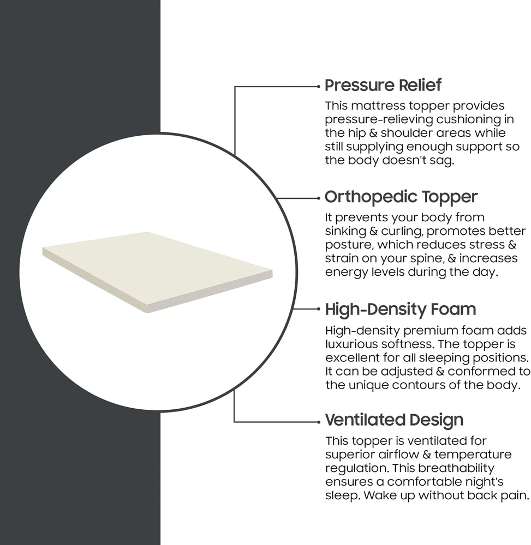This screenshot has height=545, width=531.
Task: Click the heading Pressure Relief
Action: pyautogui.click(x=383, y=86)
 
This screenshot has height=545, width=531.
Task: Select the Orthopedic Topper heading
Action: pyautogui.click(x=401, y=197)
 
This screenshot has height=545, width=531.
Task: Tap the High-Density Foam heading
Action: pyautogui.click(x=401, y=310)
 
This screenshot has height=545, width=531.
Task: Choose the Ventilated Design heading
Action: pyautogui.click(x=394, y=420)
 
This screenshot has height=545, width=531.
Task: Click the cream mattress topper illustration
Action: pyautogui.click(x=157, y=272)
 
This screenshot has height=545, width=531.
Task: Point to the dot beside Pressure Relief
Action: pyautogui.click(x=318, y=86)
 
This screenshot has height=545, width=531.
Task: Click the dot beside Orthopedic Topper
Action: pyautogui.click(x=318, y=198)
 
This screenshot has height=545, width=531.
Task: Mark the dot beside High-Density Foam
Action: pyautogui.click(x=318, y=308)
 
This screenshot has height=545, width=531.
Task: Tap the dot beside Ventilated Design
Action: pyautogui.click(x=318, y=422)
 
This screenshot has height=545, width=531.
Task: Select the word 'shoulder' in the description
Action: pyautogui.click(x=408, y=133)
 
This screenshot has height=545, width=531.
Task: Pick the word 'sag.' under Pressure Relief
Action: pyautogui.click(x=441, y=161)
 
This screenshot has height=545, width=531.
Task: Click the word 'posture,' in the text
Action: pyautogui.click(x=349, y=245)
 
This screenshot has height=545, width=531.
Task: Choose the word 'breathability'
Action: pyautogui.click(x=456, y=468)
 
